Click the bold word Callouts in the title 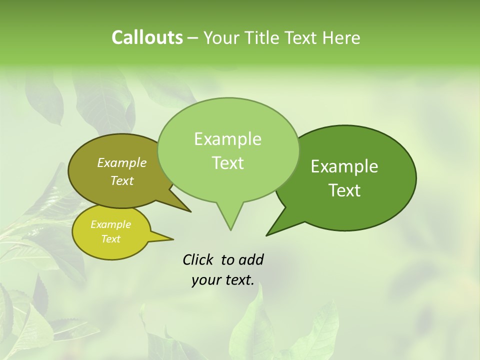[x=147, y=37]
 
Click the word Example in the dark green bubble [x=344, y=166]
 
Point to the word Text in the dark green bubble [x=345, y=190]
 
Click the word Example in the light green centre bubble [x=227, y=139]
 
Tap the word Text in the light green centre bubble [x=227, y=163]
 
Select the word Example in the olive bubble [x=121, y=162]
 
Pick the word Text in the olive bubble [x=121, y=180]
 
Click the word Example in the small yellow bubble [x=110, y=224]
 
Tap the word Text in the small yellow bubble [x=110, y=239]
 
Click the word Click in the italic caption [x=198, y=259]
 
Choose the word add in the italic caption [x=250, y=259]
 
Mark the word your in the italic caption [x=205, y=280]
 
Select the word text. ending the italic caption [x=238, y=280]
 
